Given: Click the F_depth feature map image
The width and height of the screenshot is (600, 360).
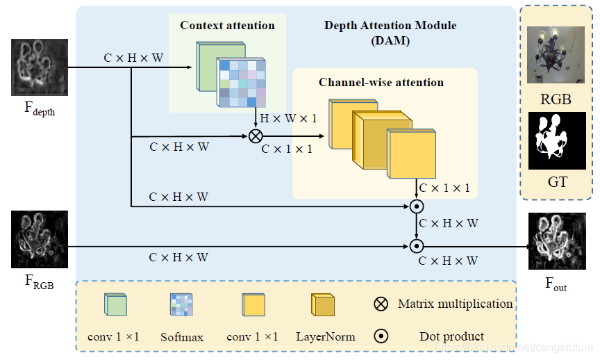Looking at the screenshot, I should click(39, 67).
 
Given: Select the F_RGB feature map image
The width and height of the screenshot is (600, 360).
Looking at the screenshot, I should click(39, 241).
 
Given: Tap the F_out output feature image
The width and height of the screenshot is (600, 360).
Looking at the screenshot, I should click(556, 241).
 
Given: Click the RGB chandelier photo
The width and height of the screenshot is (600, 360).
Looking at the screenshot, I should click(556, 55).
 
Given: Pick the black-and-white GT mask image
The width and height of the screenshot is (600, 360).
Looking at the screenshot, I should click(556, 140).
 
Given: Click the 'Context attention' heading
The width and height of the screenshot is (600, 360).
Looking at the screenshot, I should click(227, 26).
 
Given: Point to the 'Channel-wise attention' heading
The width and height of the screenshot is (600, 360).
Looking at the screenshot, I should click(381, 82).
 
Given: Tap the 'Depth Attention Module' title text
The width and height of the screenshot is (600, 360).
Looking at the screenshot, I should click(390, 26).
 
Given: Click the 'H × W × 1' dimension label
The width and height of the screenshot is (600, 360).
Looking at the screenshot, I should click(288, 119).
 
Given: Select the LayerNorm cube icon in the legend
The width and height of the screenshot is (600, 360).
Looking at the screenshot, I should click(324, 305).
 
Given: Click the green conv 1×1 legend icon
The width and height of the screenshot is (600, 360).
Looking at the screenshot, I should click(115, 305).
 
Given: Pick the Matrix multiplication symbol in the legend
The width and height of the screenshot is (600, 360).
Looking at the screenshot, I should click(381, 304).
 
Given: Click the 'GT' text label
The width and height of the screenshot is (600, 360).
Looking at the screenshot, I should click(557, 182).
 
